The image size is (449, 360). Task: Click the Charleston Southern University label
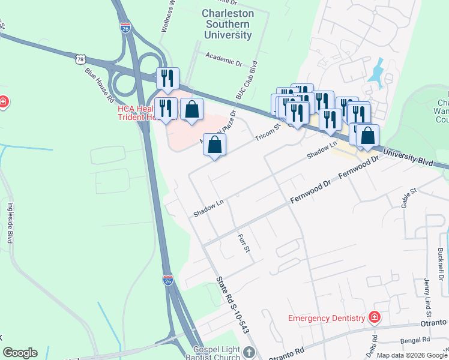point(227,24)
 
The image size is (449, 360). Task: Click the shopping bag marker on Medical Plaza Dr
point(214,145)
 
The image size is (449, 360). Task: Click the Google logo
point(20,353)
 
